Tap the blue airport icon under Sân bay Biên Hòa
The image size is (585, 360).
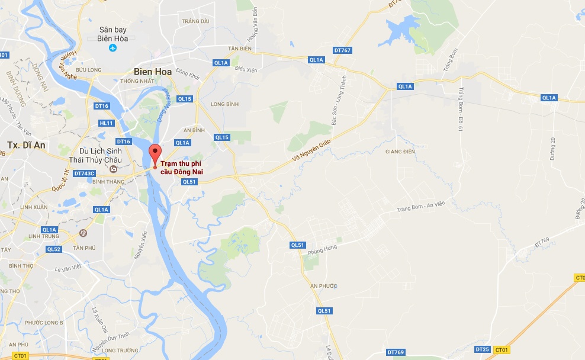[114, 49]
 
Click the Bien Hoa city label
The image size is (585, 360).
[152, 71]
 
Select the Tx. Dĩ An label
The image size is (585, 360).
[26, 145]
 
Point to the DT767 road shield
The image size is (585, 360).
[342, 50]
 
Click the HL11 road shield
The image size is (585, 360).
[107, 123]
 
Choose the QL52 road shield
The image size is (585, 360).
[54, 249]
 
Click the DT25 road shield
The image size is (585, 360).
[483, 349]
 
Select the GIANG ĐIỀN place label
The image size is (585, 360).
[397, 151]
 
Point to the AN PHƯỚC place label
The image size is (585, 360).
[324, 286]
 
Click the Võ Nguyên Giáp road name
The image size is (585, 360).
[310, 151]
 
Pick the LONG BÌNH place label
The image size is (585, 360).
[224, 104]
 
